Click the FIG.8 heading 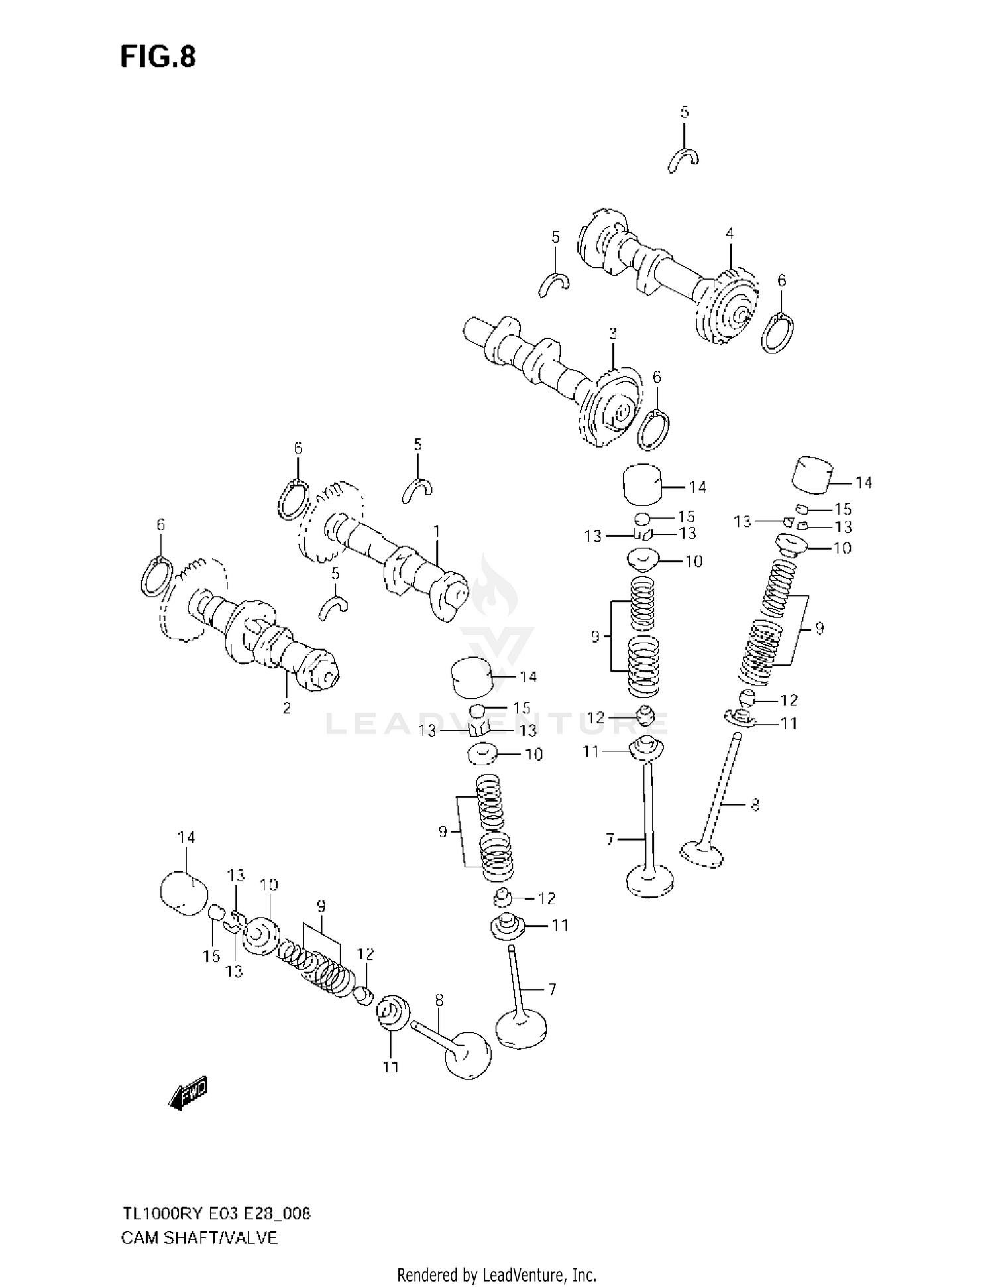[x=158, y=57]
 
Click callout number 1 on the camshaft [x=437, y=531]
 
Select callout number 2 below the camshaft [x=286, y=708]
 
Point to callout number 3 [x=613, y=334]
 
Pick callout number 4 [x=730, y=233]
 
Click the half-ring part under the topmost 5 [x=683, y=159]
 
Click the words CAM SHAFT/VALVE [x=199, y=1237]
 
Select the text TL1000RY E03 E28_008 [x=215, y=1214]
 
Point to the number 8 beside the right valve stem [x=755, y=805]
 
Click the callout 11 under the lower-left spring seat [x=391, y=1066]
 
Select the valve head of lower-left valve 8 [x=468, y=1055]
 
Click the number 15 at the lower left [x=211, y=957]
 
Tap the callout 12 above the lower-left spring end [x=365, y=953]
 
